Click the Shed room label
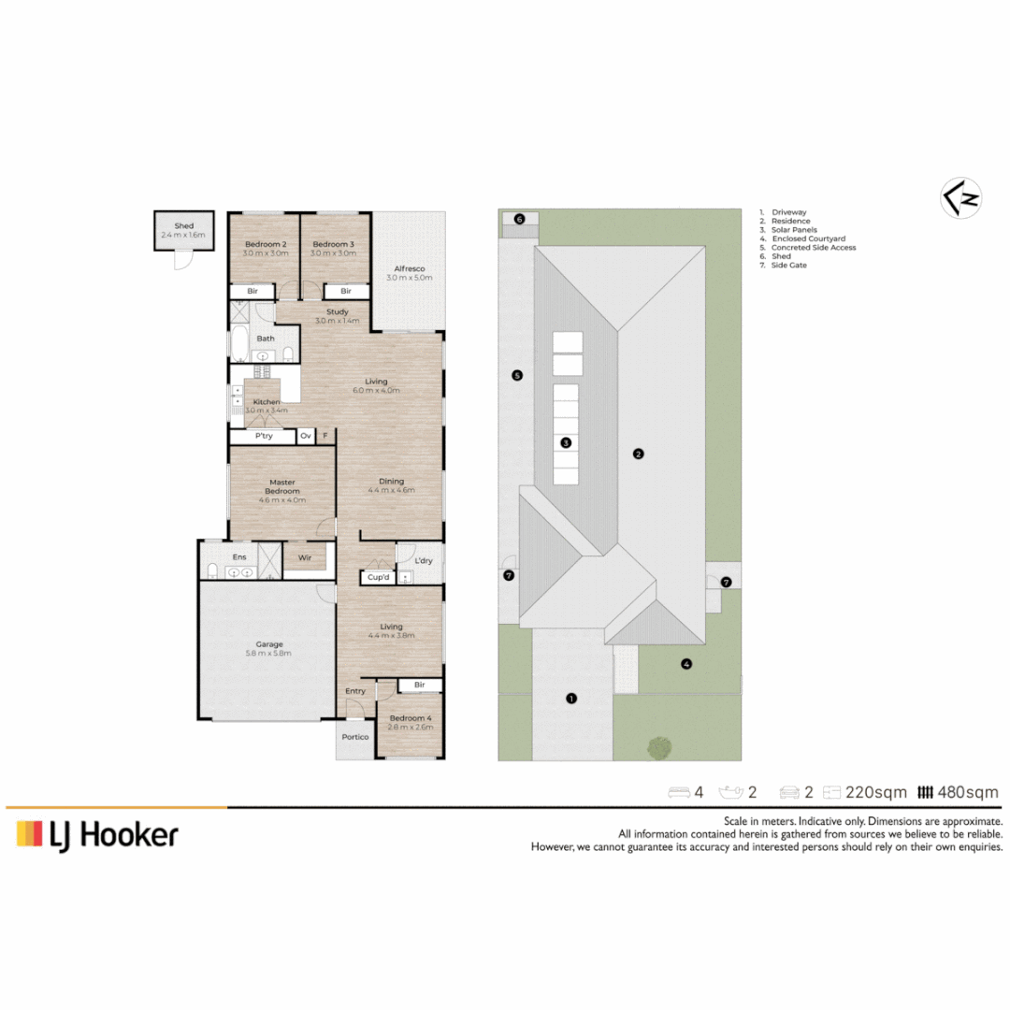pyautogui.click(x=183, y=226)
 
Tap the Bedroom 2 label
pyautogui.click(x=266, y=244)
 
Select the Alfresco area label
pyautogui.click(x=410, y=268)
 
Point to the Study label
pyautogui.click(x=338, y=311)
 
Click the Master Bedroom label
pyautogui.click(x=282, y=486)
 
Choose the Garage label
pyautogui.click(x=269, y=644)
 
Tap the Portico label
pyautogui.click(x=355, y=737)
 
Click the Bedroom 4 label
pyautogui.click(x=411, y=718)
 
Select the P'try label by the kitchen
pyautogui.click(x=264, y=436)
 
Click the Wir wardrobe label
pyautogui.click(x=305, y=557)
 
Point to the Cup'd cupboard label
pyautogui.click(x=378, y=577)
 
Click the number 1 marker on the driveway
pyautogui.click(x=571, y=699)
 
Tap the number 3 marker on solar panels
pyautogui.click(x=566, y=442)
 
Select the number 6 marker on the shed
pyautogui.click(x=519, y=219)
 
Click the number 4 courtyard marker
pyautogui.click(x=686, y=664)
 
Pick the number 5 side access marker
pyautogui.click(x=517, y=376)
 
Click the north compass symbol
pyautogui.click(x=960, y=197)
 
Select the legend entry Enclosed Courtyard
pyautogui.click(x=808, y=238)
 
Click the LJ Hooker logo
pyautogui.click(x=97, y=835)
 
